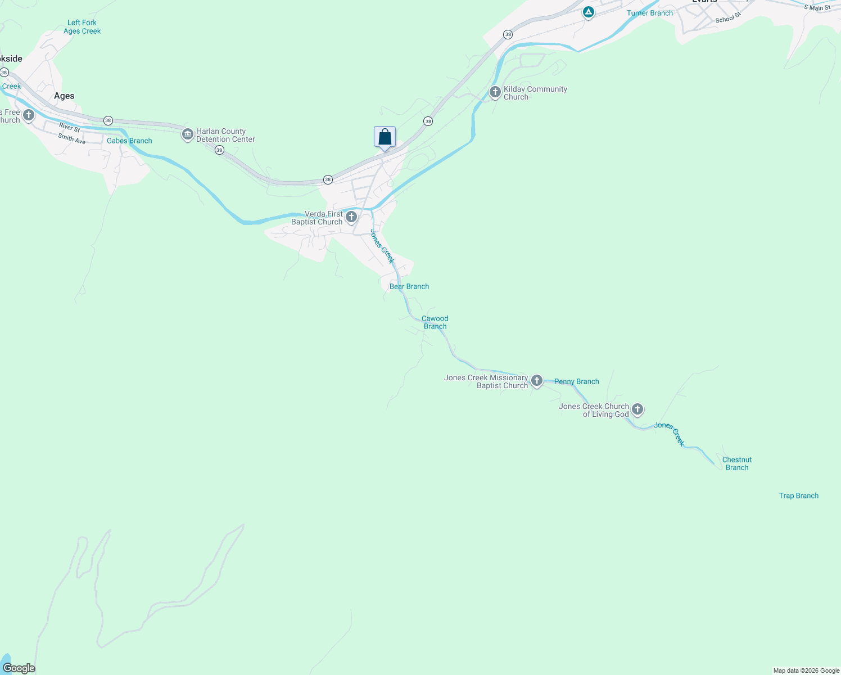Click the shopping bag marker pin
pyautogui.click(x=385, y=137)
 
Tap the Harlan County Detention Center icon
pyautogui.click(x=188, y=135)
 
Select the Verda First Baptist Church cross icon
pyautogui.click(x=351, y=217)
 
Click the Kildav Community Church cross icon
pyautogui.click(x=495, y=92)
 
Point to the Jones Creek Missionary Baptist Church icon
pyautogui.click(x=537, y=381)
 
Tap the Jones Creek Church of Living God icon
pyautogui.click(x=637, y=409)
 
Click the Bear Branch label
pyautogui.click(x=409, y=286)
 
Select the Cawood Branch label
pyautogui.click(x=435, y=322)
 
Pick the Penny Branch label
pyautogui.click(x=577, y=381)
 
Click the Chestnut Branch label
pyautogui.click(x=737, y=463)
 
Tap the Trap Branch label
pyautogui.click(x=799, y=496)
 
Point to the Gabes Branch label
pyautogui.click(x=129, y=141)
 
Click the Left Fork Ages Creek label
pyautogui.click(x=82, y=27)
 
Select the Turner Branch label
pyautogui.click(x=650, y=13)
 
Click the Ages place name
pyautogui.click(x=64, y=96)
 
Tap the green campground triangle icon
pyautogui.click(x=589, y=12)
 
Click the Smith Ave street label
pyautogui.click(x=72, y=138)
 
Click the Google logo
pyautogui.click(x=19, y=668)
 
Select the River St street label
pyautogui.click(x=70, y=128)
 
